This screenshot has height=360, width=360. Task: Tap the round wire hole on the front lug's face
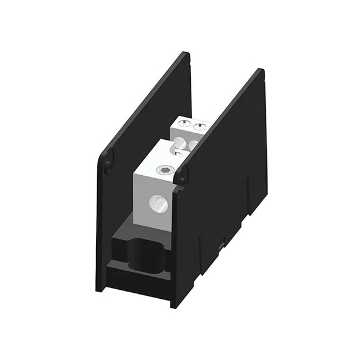(x=158, y=205)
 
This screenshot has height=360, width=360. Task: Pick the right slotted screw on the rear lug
(x=199, y=127)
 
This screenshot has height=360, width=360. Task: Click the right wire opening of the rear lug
(x=193, y=145)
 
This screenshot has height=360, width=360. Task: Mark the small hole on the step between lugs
(x=178, y=153)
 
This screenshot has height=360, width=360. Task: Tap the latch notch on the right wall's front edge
(x=181, y=175)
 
